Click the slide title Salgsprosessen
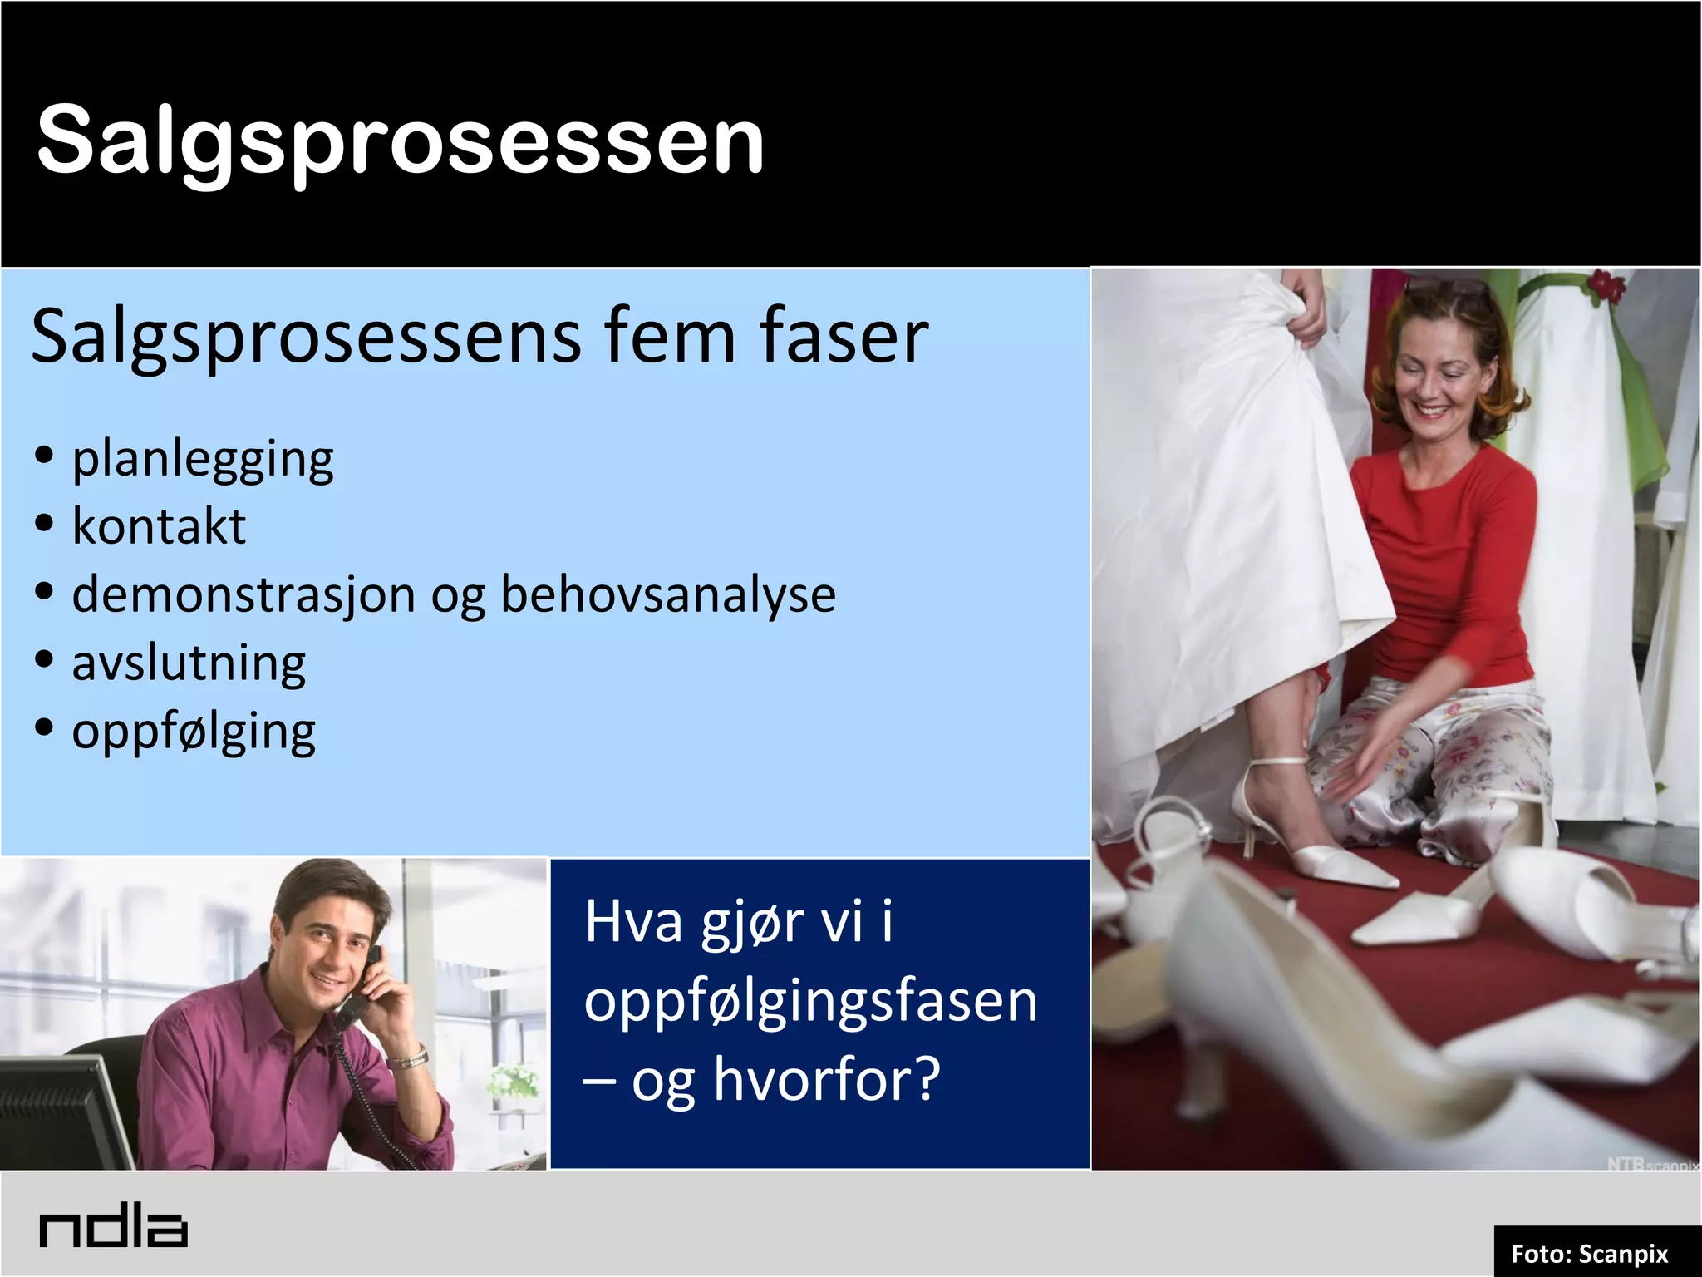pos(400,140)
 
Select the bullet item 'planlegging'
pos(203,459)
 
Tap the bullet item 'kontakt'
pos(159,526)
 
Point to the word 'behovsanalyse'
pos(668,595)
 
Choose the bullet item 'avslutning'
pos(189,663)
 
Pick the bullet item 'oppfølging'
pos(194,732)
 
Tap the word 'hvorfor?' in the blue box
pos(827,1078)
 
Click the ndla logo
pos(113,1229)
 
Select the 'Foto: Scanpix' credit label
pos(1589,1253)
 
